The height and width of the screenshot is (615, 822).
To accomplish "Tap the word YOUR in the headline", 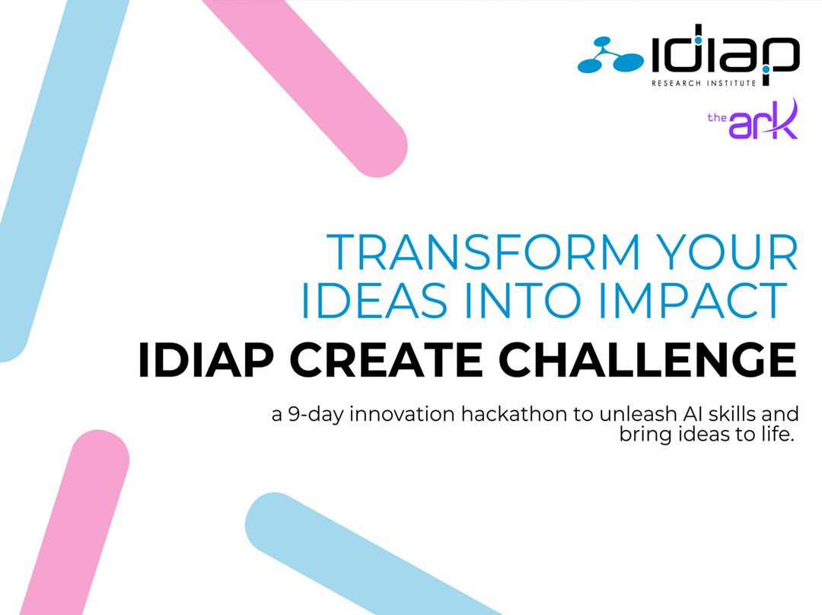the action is (x=727, y=252).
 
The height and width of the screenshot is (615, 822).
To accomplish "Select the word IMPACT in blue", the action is (x=693, y=300).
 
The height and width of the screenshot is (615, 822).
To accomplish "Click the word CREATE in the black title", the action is (x=385, y=360).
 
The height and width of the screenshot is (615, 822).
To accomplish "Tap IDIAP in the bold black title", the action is (x=206, y=360).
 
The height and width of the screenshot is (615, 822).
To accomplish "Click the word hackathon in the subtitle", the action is (x=514, y=414).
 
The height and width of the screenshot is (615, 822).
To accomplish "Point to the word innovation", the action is (x=402, y=414).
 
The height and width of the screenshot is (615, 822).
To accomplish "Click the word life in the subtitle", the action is (x=776, y=434).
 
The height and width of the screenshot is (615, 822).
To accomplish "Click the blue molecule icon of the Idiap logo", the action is (x=610, y=55).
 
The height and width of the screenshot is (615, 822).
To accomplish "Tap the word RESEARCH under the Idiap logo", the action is (x=676, y=83).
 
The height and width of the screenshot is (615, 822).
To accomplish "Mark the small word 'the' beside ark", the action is (x=717, y=117).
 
